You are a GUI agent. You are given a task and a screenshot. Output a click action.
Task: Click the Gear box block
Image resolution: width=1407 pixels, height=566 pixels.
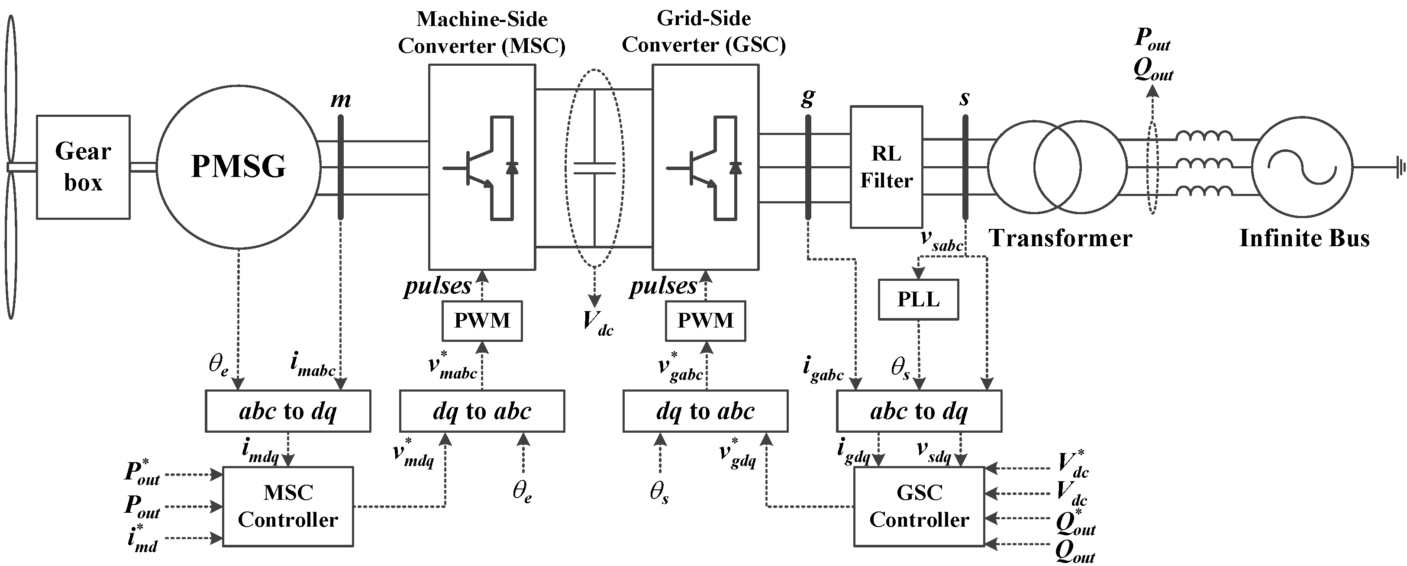[x=83, y=167]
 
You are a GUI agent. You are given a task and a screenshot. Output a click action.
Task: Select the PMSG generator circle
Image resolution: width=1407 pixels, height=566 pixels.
[x=238, y=167]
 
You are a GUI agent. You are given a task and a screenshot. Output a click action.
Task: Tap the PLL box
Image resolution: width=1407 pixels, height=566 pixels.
[x=918, y=299]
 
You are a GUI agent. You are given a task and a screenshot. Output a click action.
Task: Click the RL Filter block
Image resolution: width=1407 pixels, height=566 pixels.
[x=886, y=167]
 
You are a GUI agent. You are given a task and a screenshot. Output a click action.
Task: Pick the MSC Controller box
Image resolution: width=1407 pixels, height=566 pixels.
[x=288, y=506]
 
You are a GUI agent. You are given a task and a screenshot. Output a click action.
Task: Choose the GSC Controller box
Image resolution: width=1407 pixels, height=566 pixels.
[x=919, y=506]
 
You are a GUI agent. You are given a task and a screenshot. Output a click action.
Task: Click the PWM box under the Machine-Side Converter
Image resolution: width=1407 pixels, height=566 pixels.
[x=482, y=320]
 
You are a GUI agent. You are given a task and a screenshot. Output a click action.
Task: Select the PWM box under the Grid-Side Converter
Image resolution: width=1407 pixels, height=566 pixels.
[x=705, y=320]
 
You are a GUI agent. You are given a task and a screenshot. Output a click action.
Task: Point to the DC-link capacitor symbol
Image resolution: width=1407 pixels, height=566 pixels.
[x=594, y=168]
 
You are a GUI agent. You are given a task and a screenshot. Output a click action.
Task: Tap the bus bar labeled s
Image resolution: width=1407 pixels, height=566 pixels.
[x=965, y=167]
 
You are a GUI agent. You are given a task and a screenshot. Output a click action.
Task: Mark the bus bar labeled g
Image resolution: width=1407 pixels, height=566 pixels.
[x=808, y=167]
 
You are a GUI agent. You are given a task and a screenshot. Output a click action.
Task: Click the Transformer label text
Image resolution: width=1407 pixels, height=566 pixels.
[x=1060, y=238]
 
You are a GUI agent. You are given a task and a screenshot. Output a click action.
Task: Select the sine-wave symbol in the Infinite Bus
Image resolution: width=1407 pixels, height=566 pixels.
[x=1303, y=167]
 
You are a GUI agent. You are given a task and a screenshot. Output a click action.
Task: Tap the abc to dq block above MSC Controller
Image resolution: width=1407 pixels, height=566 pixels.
[x=288, y=411]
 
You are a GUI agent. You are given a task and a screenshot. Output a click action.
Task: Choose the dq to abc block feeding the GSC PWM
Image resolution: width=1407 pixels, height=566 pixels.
[x=705, y=411]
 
